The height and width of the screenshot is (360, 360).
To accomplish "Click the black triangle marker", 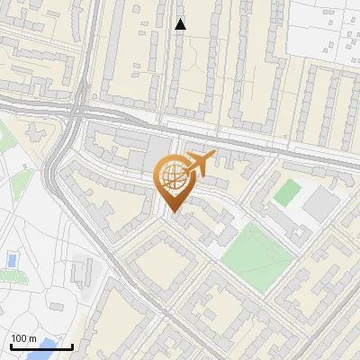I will coord(181,24).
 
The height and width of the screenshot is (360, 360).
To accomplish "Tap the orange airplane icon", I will coord(199,163).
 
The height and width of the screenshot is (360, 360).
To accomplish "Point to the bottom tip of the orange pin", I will coord(172,212).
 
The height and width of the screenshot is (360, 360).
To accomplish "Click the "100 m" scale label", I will coord(23,338).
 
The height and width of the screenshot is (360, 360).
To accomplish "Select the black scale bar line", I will coord(41,346).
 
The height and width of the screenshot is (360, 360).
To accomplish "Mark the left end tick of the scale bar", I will coord(11,346).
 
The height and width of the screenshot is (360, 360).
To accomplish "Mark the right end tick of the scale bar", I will coord(72,346).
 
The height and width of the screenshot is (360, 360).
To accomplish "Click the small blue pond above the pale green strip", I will coord(11,261).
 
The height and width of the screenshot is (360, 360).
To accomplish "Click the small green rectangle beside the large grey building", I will coord(287,192).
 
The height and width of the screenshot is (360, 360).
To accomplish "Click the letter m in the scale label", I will coord(32,338).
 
